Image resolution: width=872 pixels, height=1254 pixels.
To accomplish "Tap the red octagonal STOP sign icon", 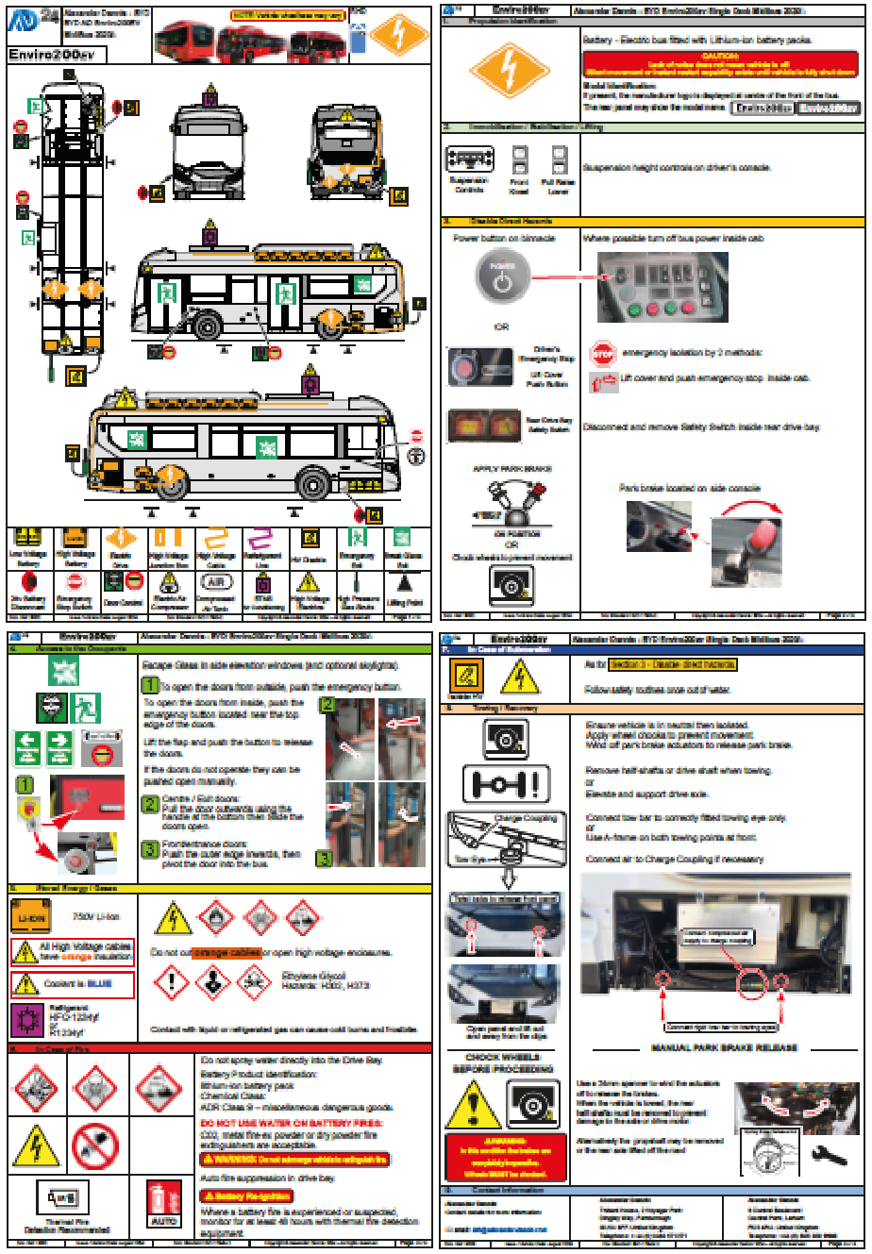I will [601, 353].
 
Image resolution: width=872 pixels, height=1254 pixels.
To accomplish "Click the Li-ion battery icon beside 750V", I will [30, 917].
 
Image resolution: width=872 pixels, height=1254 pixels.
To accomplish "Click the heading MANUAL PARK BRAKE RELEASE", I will [724, 1047].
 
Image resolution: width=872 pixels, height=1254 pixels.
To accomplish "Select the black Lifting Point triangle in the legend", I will [404, 585].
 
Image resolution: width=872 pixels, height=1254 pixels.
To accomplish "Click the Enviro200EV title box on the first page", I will [56, 55].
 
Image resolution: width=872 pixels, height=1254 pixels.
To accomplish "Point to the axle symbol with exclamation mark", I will [506, 783].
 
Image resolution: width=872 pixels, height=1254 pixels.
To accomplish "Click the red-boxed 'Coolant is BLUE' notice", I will [73, 984].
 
